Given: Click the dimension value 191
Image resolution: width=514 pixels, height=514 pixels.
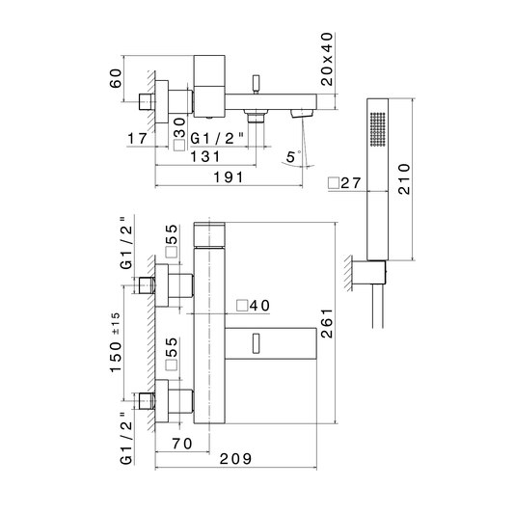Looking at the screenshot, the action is click(x=229, y=177).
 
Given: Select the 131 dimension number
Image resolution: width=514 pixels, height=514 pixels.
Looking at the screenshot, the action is click(x=205, y=156).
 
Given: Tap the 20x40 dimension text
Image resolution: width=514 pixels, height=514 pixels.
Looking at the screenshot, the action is click(x=327, y=59).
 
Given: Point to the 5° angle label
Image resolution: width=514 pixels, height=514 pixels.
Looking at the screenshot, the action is click(x=293, y=156).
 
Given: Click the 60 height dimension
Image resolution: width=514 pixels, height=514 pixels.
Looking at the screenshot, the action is click(x=116, y=78).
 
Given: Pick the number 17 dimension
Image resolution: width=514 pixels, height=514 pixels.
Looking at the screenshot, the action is click(x=137, y=138).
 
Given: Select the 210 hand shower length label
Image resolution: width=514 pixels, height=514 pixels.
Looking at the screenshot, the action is click(x=404, y=179).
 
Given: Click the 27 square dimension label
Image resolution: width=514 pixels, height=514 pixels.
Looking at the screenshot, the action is click(x=345, y=183).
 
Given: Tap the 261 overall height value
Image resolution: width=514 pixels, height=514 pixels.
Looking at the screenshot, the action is click(x=327, y=323).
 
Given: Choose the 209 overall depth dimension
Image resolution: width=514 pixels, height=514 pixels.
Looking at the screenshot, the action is click(x=235, y=459).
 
